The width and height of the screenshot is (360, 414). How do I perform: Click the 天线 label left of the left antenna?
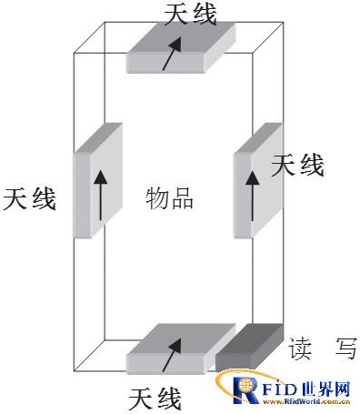[x=30, y=198]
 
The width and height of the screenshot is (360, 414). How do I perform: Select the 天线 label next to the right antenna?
[x=297, y=165]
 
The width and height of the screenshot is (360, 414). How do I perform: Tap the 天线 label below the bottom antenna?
[x=155, y=399]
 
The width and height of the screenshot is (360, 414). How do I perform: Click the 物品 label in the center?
[x=170, y=198]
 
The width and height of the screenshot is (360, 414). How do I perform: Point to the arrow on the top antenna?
[x=170, y=56]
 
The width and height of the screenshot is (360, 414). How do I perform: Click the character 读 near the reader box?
[x=301, y=348]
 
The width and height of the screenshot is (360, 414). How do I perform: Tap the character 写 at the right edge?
[x=345, y=348]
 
